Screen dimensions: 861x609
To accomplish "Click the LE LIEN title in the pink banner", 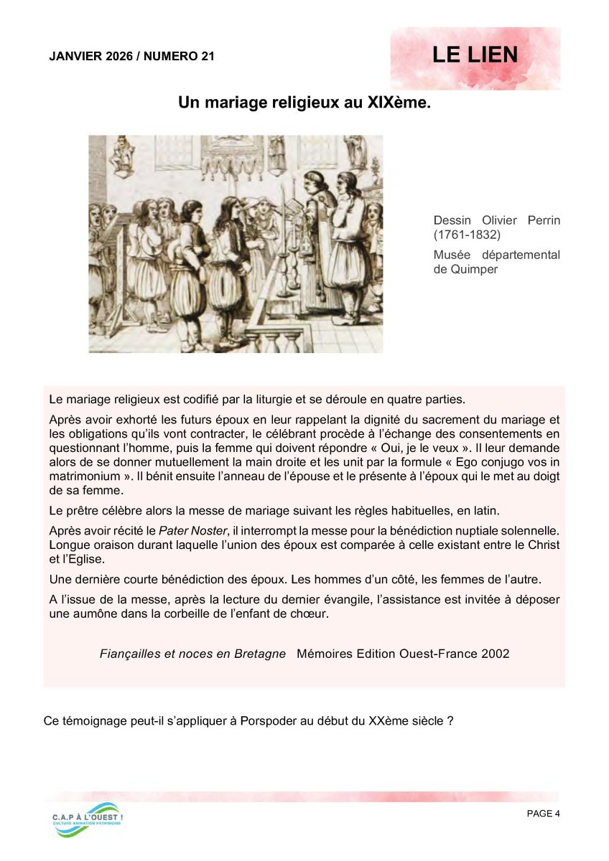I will click(x=475, y=55).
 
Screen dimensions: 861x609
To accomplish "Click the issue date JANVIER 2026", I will click(x=91, y=56).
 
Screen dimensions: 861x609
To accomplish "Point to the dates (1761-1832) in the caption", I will click(x=467, y=235).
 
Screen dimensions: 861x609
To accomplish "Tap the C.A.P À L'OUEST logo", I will click(x=87, y=819).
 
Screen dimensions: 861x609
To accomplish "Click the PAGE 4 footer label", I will click(x=543, y=814).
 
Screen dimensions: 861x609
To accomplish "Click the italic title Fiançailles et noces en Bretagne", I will click(x=192, y=654).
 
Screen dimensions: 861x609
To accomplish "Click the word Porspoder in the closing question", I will click(x=264, y=720).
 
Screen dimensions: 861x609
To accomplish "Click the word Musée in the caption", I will click(x=450, y=255).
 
